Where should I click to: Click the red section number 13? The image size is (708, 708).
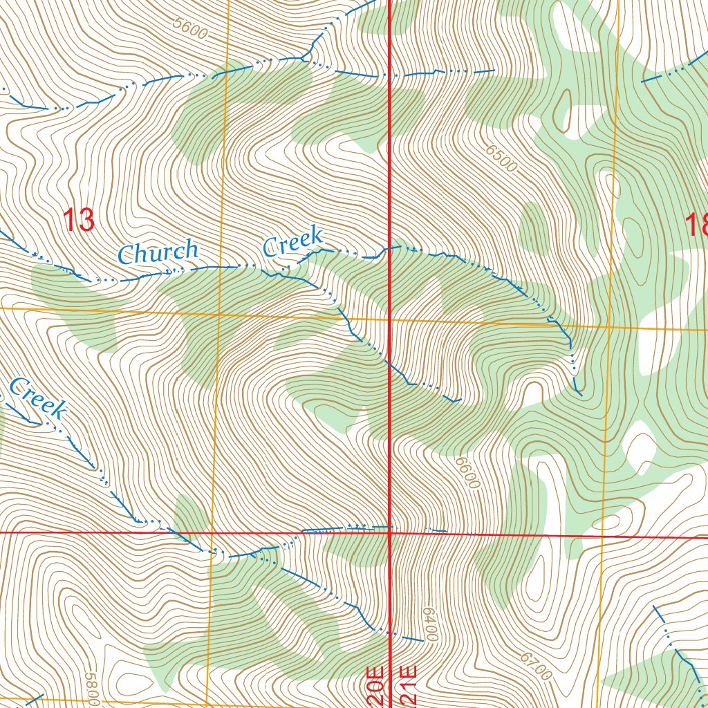pos(78,220)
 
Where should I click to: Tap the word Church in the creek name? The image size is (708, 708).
pos(158,252)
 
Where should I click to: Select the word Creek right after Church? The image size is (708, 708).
pos(292,243)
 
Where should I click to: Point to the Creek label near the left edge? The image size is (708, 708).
pos(39,399)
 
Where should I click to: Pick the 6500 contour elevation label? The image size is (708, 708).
pos(501,159)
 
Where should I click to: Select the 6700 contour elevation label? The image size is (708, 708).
pos(534,664)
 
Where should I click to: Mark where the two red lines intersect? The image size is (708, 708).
pos(391,533)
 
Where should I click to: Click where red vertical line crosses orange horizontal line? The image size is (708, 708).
pos(391,320)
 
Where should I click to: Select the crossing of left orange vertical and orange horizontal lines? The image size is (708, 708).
pos(219,315)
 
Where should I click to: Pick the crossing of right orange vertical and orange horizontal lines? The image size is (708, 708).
pos(609,326)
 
